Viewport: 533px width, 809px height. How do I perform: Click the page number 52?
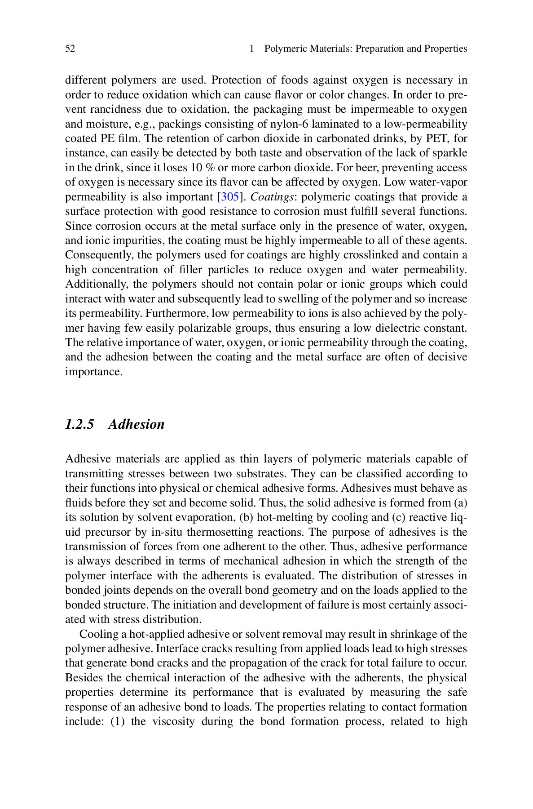coord(70,49)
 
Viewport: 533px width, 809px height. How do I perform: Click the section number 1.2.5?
coord(79,424)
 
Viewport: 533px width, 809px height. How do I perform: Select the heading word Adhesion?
coord(136,424)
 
